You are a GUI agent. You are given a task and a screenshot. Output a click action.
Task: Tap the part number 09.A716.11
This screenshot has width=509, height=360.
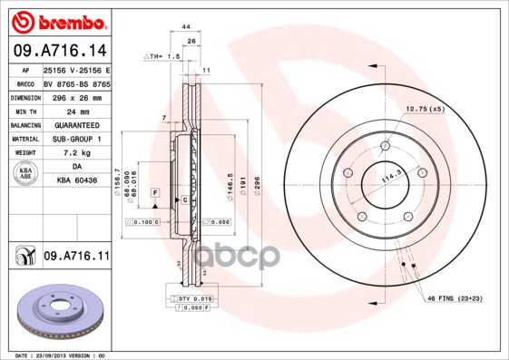[x=76, y=257]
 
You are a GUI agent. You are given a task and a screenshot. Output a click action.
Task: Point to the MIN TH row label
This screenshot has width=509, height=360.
[x=24, y=111]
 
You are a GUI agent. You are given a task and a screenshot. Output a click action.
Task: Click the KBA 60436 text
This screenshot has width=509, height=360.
[x=76, y=181]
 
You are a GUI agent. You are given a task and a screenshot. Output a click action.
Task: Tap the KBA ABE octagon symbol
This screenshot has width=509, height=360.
[x=24, y=174]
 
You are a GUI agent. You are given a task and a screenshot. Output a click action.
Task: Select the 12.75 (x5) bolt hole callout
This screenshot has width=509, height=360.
[x=425, y=110]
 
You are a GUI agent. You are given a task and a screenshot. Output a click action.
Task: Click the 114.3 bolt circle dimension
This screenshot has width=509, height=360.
[x=389, y=179]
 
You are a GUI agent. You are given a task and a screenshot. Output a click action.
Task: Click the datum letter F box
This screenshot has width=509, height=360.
[x=156, y=193]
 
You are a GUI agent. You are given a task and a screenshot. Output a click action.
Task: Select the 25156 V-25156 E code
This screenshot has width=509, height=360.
[x=76, y=69]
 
